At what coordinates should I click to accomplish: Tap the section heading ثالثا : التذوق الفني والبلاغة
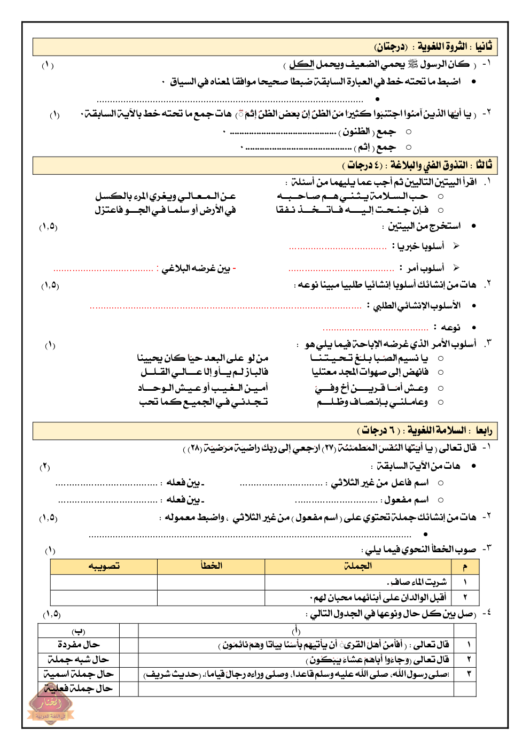click(x=417, y=165)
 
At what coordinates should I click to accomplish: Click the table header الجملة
click(x=358, y=566)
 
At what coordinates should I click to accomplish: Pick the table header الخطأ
click(x=211, y=566)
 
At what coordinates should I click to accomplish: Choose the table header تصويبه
click(x=104, y=566)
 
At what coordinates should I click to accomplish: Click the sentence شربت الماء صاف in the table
click(x=417, y=582)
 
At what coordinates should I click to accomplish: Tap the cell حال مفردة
click(x=79, y=645)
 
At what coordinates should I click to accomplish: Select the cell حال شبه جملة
click(x=79, y=660)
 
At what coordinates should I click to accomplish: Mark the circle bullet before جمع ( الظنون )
click(x=409, y=132)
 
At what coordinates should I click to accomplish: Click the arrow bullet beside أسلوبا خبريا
click(x=456, y=246)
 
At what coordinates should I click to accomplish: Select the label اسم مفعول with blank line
click(x=406, y=500)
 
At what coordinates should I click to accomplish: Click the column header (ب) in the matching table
click(x=79, y=631)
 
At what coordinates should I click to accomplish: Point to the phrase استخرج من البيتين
click(x=424, y=226)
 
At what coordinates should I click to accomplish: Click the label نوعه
click(x=450, y=327)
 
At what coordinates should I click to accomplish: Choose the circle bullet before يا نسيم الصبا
click(x=441, y=358)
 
